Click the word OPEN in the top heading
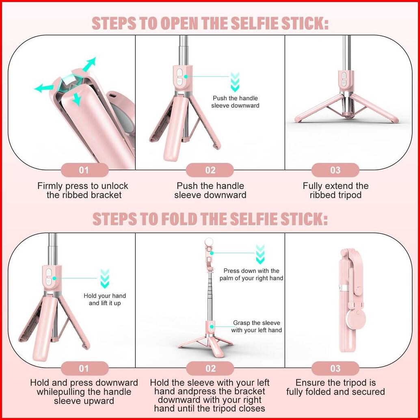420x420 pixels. pyautogui.click(x=180, y=23)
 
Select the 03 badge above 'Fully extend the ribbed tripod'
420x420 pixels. pyautogui.click(x=335, y=170)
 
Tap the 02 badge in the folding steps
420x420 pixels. pyautogui.click(x=210, y=368)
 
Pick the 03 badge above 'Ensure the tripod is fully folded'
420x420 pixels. pyautogui.click(x=335, y=368)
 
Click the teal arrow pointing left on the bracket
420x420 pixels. pyautogui.click(x=43, y=88)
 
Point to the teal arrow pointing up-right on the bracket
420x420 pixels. pyautogui.click(x=89, y=64)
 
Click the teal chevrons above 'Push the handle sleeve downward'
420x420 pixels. pyautogui.click(x=235, y=82)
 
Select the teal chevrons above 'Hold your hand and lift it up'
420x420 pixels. pyautogui.click(x=104, y=279)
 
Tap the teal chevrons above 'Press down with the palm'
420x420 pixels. pyautogui.click(x=260, y=254)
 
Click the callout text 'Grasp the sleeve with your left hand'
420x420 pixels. pyautogui.click(x=257, y=327)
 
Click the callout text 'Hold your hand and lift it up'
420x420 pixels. pyautogui.click(x=105, y=299)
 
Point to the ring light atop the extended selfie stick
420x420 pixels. pyautogui.click(x=209, y=242)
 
